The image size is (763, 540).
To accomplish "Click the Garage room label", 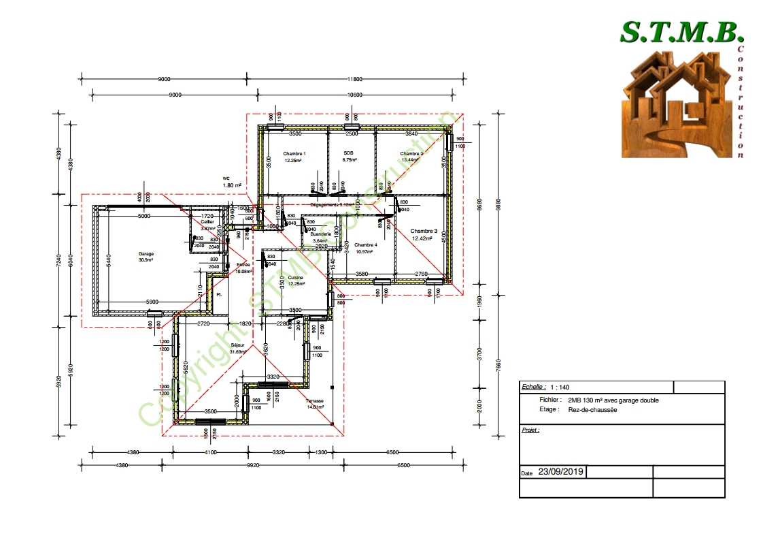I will pos(146,253).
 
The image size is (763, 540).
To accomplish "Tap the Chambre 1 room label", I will pos(294,154).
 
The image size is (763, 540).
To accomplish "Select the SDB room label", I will pos(349,153).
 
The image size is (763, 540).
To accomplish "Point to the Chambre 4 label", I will pos(365,245).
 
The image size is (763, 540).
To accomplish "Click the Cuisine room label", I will pos(295,278).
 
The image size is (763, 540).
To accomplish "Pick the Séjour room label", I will pos(237,345).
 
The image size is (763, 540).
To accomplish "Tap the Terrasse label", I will pos(315,401).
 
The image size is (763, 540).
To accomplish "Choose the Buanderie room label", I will pos(322,234).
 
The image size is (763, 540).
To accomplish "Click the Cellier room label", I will pos(207,222).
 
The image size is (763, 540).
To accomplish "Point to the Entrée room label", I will pos(243,265).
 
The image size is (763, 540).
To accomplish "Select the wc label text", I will pos(226,178).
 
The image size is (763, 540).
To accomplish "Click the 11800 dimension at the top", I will pos(351,79).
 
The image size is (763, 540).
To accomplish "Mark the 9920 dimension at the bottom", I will pos(253,466).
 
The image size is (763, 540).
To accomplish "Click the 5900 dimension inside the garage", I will pos(152,302).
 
